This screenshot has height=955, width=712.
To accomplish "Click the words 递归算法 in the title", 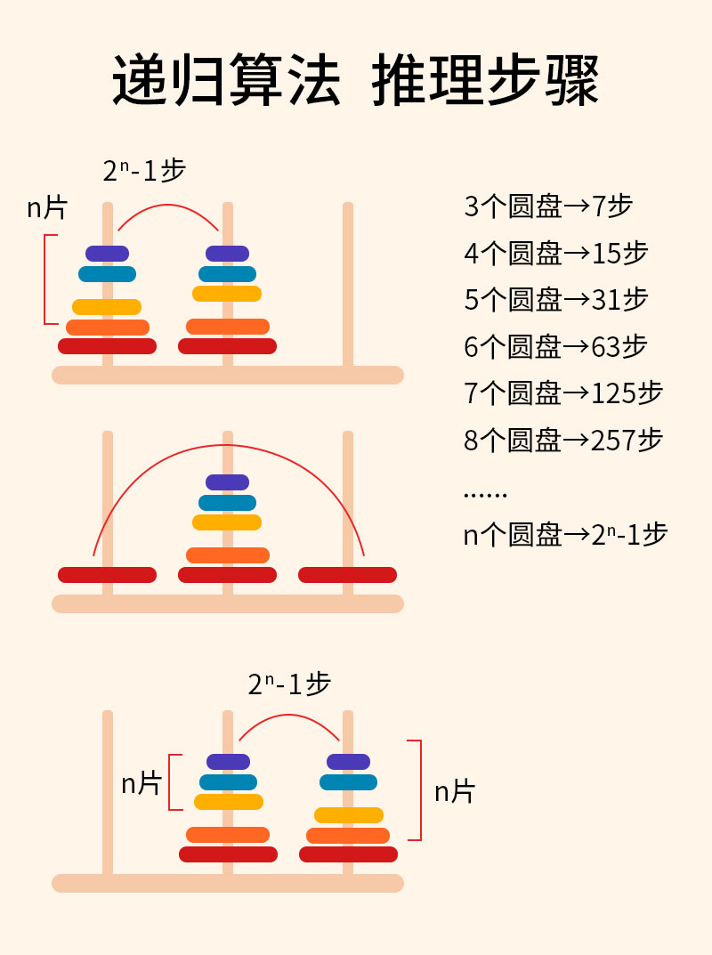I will (227, 80).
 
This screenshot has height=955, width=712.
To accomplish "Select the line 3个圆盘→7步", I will (548, 206).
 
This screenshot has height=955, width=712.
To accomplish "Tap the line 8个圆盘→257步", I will (563, 440).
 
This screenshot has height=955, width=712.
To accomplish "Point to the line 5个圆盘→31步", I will (556, 300).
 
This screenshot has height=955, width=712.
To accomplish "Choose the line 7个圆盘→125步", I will (563, 393).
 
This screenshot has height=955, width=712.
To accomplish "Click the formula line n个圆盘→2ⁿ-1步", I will (565, 534).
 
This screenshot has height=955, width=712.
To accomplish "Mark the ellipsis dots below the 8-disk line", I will (485, 494).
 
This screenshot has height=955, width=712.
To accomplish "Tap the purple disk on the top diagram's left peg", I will (107, 254).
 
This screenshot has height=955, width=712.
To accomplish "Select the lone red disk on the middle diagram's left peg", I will (107, 575).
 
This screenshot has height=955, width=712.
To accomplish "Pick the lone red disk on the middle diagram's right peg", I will (347, 575).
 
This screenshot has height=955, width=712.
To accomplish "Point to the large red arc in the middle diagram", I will (228, 446).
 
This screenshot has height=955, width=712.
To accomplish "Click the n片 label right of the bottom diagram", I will (455, 791).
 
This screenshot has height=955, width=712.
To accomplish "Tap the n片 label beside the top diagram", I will (47, 208).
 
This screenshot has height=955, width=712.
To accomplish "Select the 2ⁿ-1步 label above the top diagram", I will (144, 170).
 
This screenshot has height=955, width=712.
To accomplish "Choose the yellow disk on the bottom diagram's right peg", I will (348, 814).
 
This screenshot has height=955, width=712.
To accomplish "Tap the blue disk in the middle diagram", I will (227, 503).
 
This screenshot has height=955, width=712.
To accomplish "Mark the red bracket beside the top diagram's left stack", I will (46, 279).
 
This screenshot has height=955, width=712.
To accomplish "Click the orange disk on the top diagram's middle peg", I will (227, 327).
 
